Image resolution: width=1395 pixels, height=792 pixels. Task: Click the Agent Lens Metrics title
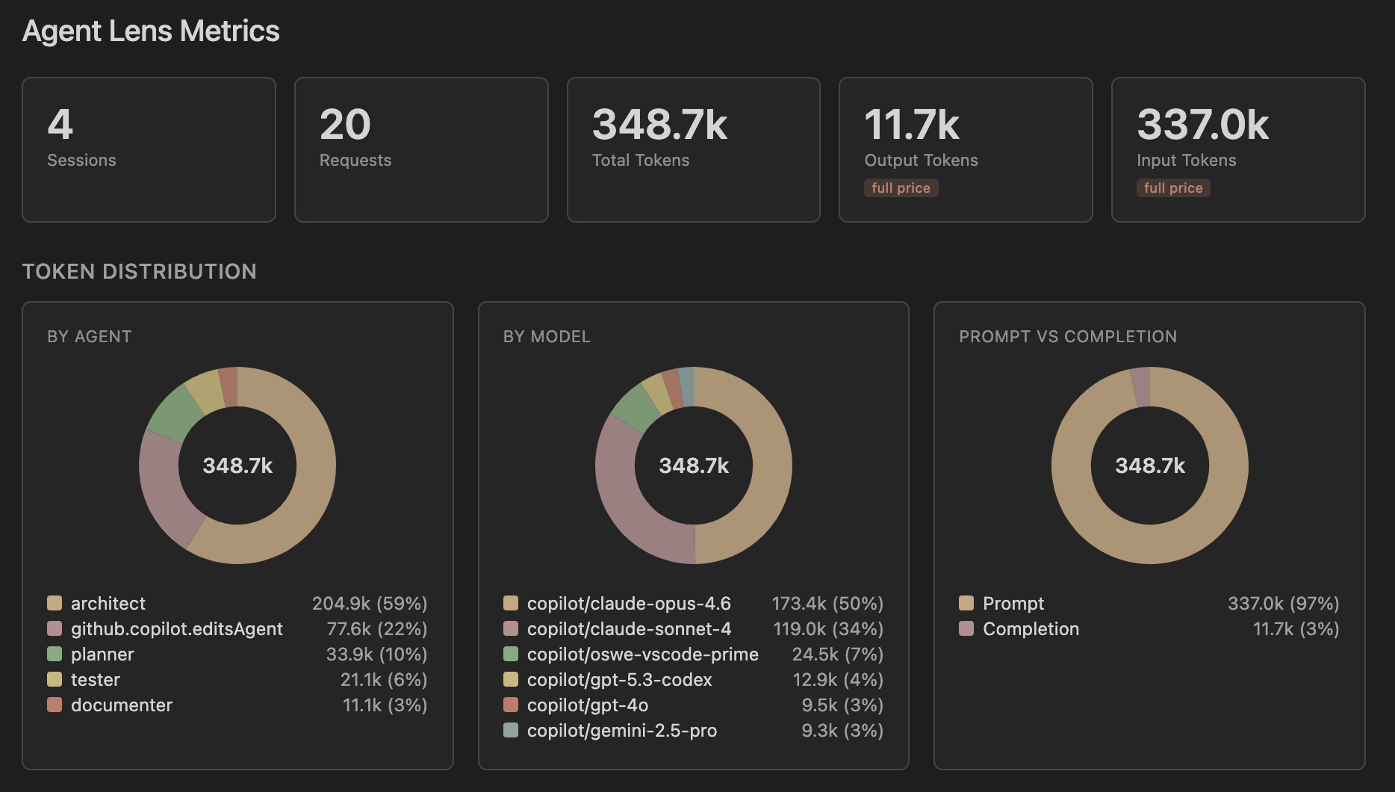[x=151, y=31]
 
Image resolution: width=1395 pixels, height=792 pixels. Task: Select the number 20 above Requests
[x=345, y=125]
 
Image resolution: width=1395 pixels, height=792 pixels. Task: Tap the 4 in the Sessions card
[x=60, y=125]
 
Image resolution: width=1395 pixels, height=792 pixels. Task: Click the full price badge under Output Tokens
[x=901, y=188]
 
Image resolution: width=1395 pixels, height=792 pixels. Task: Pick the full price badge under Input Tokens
[x=1173, y=188]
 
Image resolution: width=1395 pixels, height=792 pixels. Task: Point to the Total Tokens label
[x=640, y=160]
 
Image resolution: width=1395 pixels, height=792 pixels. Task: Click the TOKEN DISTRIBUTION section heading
[x=140, y=271]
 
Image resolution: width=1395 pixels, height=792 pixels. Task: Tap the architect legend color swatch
[x=55, y=603]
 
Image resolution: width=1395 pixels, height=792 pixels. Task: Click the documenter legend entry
[x=121, y=705]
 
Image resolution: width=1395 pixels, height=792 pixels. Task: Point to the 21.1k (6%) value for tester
[x=383, y=679]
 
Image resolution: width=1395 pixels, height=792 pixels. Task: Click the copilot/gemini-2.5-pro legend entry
[x=621, y=730]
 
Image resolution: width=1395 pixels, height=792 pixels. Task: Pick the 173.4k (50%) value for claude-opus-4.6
[x=827, y=603]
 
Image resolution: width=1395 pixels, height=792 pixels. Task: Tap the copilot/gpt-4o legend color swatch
[x=511, y=705]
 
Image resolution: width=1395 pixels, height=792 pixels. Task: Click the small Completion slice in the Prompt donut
[x=1140, y=386]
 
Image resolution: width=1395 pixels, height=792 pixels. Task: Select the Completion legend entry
[x=1030, y=628]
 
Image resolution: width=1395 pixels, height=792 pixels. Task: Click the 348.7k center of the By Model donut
[x=694, y=465]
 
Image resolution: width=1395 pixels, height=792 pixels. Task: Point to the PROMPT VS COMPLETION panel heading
[x=1067, y=336]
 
